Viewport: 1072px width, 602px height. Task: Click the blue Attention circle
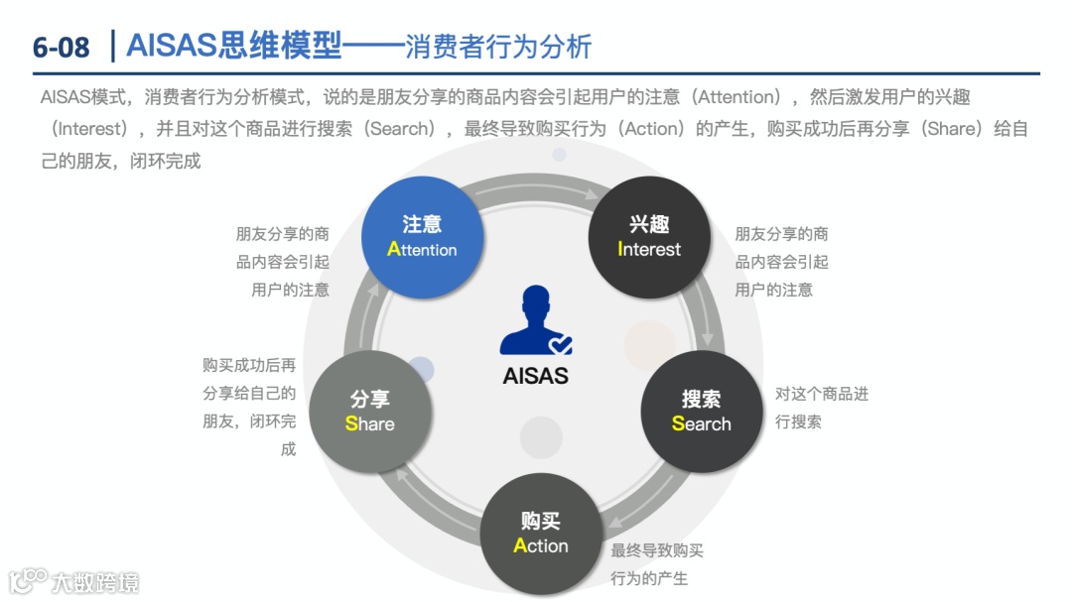pos(422,236)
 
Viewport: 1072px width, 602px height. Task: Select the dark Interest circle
pos(649,236)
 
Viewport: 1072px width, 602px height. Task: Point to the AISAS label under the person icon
pos(536,377)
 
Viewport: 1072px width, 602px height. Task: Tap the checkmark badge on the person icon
pos(561,343)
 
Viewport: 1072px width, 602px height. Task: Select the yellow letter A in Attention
pos(393,250)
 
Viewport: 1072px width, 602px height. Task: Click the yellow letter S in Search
pos(678,424)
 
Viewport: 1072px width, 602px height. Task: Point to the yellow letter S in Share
pos(351,424)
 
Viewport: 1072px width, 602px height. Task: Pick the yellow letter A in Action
pos(520,546)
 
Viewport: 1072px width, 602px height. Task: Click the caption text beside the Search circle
pos(821,408)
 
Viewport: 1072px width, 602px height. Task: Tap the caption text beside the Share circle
pos(249,407)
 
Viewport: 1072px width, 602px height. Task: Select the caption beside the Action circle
pos(656,564)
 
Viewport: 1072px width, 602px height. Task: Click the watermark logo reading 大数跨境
pos(75,580)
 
